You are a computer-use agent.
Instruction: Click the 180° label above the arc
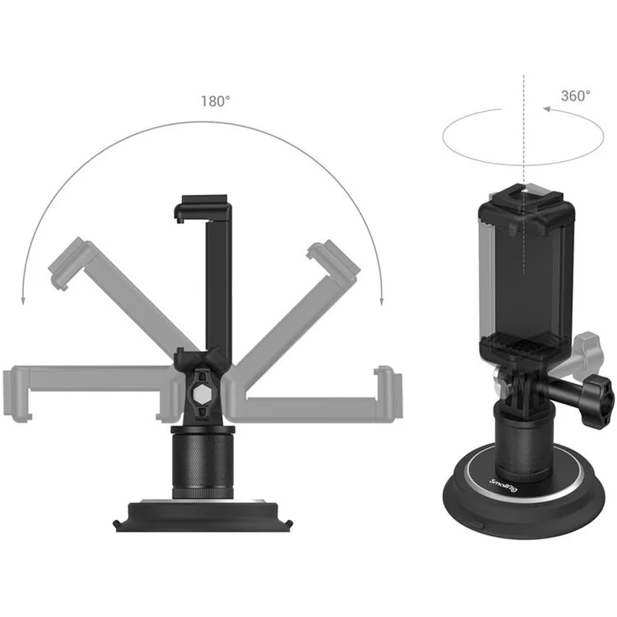pyautogui.click(x=215, y=102)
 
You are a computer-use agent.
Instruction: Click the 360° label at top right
pyautogui.click(x=575, y=96)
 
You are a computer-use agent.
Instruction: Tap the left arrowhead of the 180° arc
pyautogui.click(x=23, y=301)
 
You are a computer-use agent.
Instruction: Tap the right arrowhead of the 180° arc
pyautogui.click(x=381, y=301)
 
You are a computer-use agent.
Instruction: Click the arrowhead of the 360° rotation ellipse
pyautogui.click(x=547, y=110)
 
